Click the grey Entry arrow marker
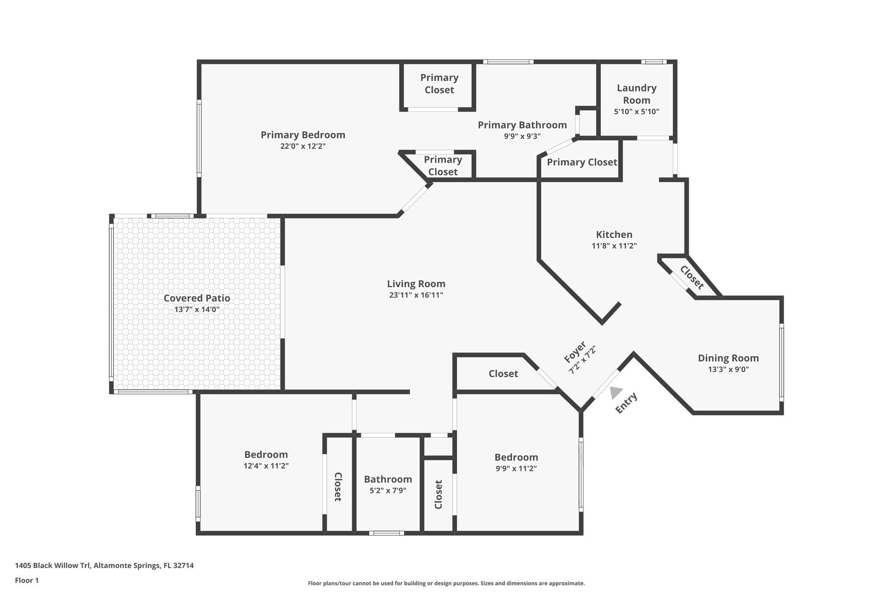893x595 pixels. coord(615,392)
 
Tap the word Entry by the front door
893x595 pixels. coord(626,403)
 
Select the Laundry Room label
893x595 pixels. coord(636,94)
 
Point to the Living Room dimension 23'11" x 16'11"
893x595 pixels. coord(416,295)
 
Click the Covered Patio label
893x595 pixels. coord(197,298)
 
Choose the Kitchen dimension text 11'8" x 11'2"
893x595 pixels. coord(614,246)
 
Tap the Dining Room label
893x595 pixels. coord(728,358)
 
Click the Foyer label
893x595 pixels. coord(575,352)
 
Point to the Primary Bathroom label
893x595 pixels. coord(522,125)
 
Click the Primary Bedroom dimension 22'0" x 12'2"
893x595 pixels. coord(303,146)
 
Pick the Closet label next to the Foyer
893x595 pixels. coord(503,374)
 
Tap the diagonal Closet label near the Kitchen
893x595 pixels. coord(692,278)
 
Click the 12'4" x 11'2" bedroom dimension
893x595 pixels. coord(266,466)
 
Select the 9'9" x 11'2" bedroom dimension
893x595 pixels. coord(516,469)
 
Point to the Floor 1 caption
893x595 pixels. coord(27,580)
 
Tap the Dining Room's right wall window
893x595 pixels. coord(781,362)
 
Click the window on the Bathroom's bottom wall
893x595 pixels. coord(386,533)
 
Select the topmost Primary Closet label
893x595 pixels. coord(439,84)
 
